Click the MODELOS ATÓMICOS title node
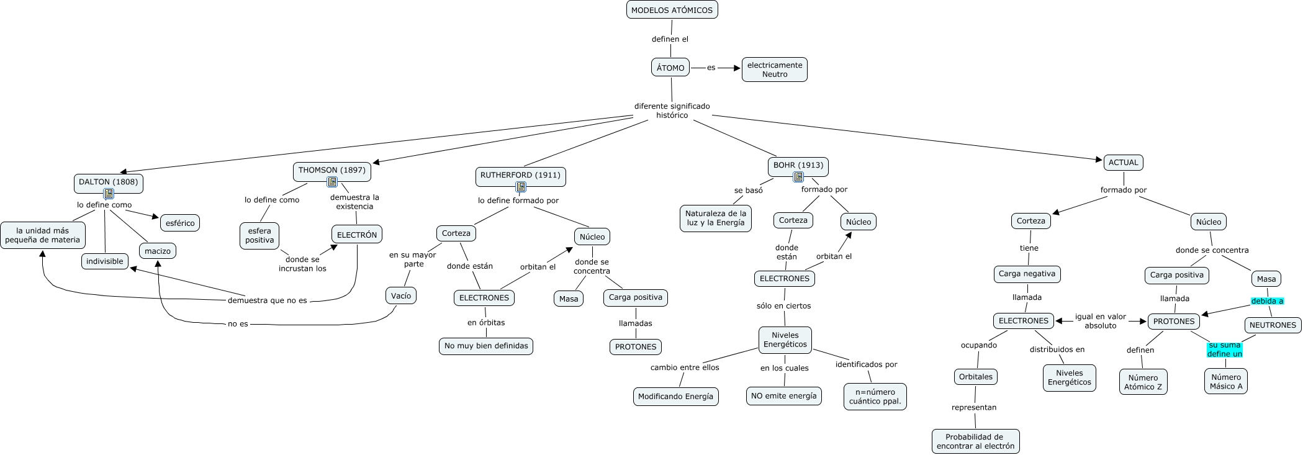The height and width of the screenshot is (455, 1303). [672, 10]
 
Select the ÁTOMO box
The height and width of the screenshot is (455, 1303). [670, 68]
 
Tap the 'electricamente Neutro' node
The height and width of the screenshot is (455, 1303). [775, 70]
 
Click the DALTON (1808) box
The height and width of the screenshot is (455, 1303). [109, 182]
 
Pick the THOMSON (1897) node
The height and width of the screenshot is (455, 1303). [332, 171]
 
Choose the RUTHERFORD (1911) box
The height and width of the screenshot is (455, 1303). [520, 176]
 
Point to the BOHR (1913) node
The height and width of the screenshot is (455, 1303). [798, 166]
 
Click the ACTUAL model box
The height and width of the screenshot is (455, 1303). [1124, 163]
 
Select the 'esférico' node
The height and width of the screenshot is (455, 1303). [180, 223]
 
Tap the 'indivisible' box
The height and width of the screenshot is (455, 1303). [105, 261]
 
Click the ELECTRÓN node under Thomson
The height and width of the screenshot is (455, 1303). [357, 235]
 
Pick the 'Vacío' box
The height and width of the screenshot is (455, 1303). [401, 295]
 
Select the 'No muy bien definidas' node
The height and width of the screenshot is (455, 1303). [486, 346]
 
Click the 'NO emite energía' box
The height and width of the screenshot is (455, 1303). [784, 396]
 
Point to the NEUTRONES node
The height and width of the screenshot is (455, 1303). [1273, 325]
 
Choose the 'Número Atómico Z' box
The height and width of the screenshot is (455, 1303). [1143, 382]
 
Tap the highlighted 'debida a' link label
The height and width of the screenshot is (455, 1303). [1267, 301]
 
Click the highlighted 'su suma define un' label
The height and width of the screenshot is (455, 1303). [1225, 349]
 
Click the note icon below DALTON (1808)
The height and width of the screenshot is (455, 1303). [109, 194]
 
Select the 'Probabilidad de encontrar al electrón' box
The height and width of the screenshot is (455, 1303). [975, 441]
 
